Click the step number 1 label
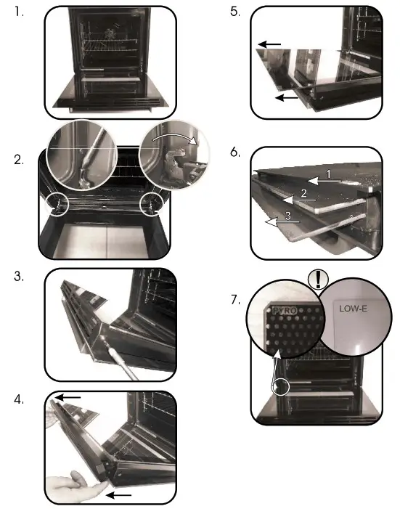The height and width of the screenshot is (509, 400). (x=19, y=12)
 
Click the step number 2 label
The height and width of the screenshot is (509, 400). (x=20, y=160)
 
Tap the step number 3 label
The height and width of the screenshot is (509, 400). (x=20, y=277)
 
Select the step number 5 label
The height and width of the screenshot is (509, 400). (x=234, y=12)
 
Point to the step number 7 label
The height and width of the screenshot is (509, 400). (x=235, y=298)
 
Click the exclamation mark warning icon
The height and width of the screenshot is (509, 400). (x=316, y=278)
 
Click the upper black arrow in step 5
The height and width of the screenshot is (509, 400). (x=269, y=45)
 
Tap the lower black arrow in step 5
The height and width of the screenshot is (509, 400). (x=285, y=97)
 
